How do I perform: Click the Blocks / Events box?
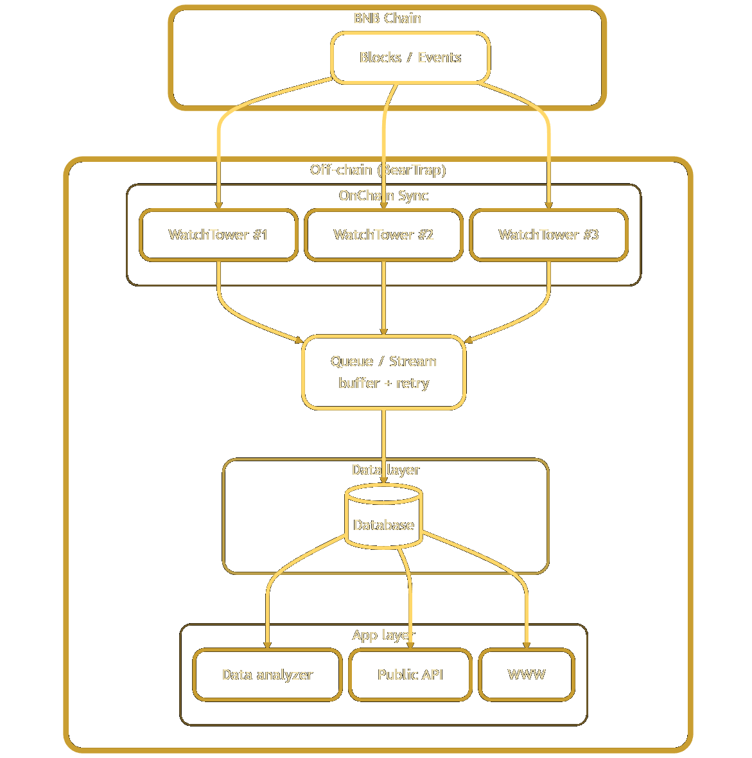click(410, 58)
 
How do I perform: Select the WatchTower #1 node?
click(218, 235)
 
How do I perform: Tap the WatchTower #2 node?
click(383, 235)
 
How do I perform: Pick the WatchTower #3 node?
click(548, 235)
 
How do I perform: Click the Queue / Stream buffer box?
click(383, 372)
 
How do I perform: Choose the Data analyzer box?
click(267, 674)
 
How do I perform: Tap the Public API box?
click(410, 674)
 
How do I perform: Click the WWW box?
click(526, 674)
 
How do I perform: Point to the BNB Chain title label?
click(387, 18)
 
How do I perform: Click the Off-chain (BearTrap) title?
click(378, 170)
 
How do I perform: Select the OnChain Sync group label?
click(383, 195)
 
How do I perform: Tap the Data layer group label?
click(385, 470)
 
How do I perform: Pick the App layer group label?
click(383, 635)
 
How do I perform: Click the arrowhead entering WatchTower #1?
click(218, 205)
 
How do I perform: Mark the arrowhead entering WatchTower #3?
click(548, 205)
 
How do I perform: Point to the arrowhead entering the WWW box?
click(526, 644)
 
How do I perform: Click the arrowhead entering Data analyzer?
click(267, 644)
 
